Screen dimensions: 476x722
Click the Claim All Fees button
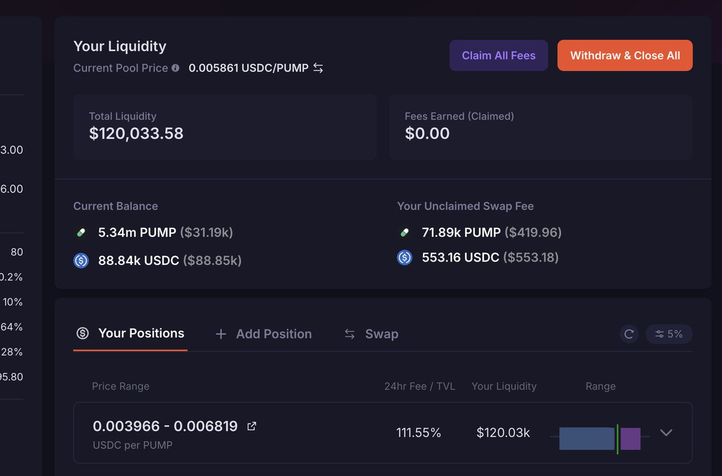[x=498, y=55]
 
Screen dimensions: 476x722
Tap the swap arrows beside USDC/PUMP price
[x=318, y=68]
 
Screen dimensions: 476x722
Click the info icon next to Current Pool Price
[x=176, y=68]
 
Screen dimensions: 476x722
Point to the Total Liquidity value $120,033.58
[x=136, y=133]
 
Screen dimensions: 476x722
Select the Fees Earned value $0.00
[x=427, y=133]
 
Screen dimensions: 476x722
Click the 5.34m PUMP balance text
[x=137, y=232]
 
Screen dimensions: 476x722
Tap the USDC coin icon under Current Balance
[x=81, y=260]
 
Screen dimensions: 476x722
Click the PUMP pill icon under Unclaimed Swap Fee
[x=404, y=232]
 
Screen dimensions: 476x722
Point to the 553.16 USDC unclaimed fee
[x=460, y=257]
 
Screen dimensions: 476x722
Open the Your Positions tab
[x=130, y=333]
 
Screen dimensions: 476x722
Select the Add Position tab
[x=264, y=334]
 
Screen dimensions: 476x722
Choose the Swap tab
[x=371, y=334]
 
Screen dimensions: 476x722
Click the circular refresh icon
[x=629, y=334]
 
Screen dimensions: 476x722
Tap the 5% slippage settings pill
[x=669, y=334]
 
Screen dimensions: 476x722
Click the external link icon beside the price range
[x=252, y=427]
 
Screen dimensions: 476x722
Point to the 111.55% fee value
[x=419, y=433]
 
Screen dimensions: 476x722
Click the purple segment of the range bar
[x=631, y=439]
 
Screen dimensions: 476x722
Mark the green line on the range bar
[x=617, y=438]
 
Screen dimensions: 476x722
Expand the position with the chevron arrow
[x=666, y=433]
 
